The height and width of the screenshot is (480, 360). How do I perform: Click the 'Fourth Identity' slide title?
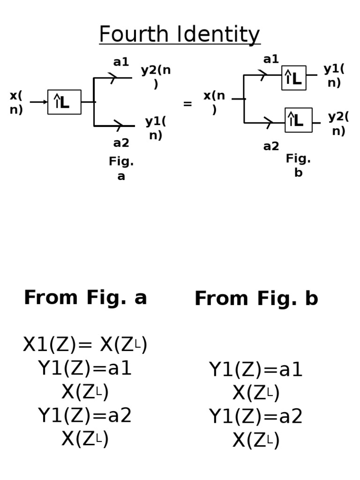pos(180,35)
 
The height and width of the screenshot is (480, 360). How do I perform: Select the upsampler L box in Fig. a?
pos(64,102)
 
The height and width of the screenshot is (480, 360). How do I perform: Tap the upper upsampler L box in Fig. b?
pos(294,78)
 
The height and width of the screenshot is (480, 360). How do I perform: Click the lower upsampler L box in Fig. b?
pos(299,120)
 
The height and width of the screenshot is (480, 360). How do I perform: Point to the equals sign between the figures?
pos(187,104)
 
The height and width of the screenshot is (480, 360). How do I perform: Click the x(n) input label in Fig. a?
pos(16,103)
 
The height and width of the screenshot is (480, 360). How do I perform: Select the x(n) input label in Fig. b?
pos(214,102)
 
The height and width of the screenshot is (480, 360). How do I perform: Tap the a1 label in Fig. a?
pos(121,62)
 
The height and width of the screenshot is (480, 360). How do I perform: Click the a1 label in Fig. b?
pos(271,60)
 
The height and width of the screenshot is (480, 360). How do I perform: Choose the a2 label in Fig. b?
pos(271,147)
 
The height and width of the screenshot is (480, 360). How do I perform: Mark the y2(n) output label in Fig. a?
pos(156,77)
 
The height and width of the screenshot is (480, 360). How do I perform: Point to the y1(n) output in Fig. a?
pos(156,128)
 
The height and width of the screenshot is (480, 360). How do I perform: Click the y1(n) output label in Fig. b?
pos(334,75)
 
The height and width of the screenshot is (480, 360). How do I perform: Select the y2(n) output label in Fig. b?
pos(338,124)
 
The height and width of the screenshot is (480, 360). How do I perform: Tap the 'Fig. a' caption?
pos(121,169)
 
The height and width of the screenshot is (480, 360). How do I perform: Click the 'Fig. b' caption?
pos(298,165)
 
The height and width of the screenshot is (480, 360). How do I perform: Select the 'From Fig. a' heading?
pos(85,298)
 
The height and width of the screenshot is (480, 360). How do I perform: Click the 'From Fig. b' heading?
pos(256,299)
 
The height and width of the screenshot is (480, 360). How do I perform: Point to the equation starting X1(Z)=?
pos(85,345)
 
